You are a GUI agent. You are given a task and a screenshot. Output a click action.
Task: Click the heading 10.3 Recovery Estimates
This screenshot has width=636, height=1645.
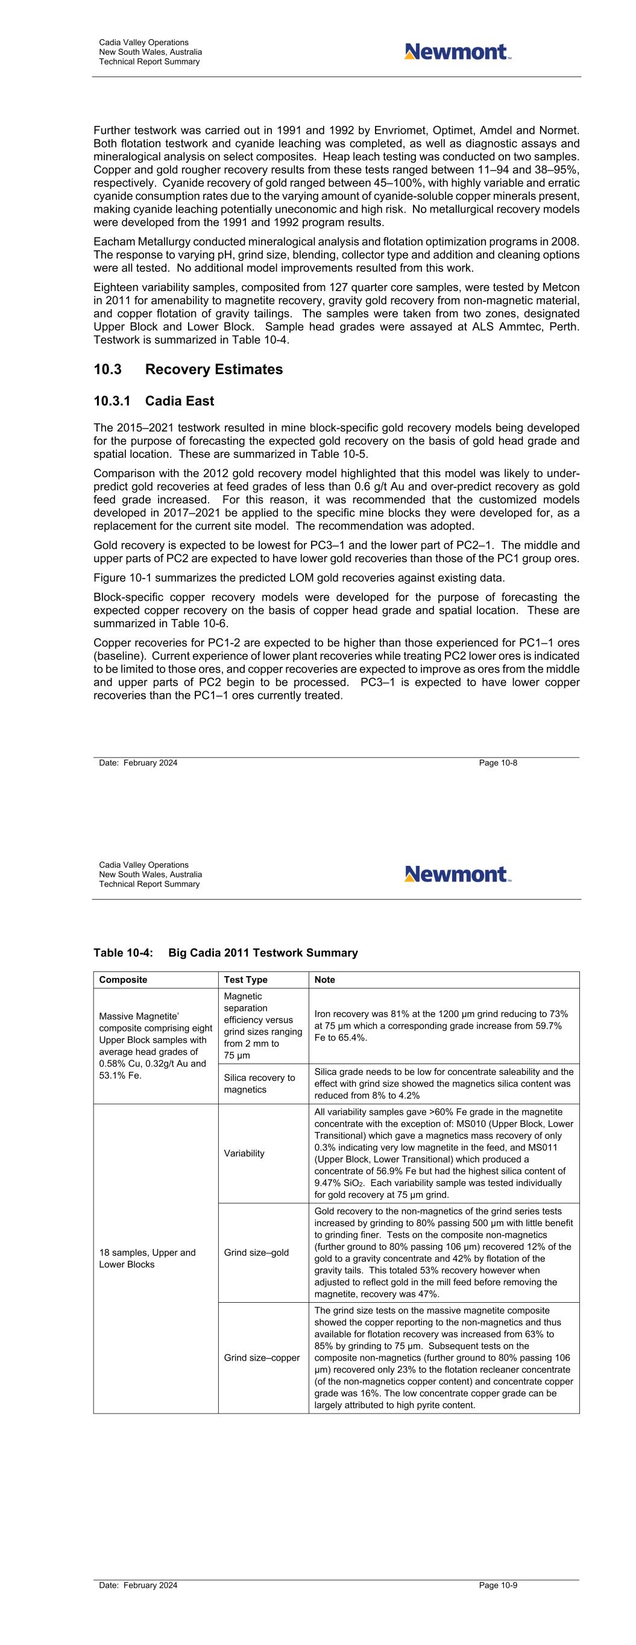[188, 370]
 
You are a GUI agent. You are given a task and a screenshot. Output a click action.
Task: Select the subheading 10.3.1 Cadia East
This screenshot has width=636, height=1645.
[153, 401]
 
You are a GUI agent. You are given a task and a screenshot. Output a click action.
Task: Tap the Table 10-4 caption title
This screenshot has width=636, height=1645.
[225, 953]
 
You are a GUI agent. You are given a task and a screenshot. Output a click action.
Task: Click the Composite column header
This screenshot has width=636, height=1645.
[123, 980]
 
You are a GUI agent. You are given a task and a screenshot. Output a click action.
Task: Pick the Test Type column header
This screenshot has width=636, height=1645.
[245, 980]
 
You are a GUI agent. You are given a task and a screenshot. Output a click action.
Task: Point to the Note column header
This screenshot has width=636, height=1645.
[325, 980]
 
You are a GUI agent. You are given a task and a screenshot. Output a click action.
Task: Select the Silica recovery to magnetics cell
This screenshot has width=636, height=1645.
[259, 1083]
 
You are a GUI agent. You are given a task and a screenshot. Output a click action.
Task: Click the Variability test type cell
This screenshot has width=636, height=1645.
[244, 1153]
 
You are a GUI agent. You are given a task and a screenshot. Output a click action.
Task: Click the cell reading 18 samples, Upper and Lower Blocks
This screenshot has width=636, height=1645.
[147, 1258]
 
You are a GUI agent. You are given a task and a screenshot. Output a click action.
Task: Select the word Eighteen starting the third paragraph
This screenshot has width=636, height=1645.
[115, 287]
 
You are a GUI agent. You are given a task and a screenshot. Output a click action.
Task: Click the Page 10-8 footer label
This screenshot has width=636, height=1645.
[498, 763]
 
